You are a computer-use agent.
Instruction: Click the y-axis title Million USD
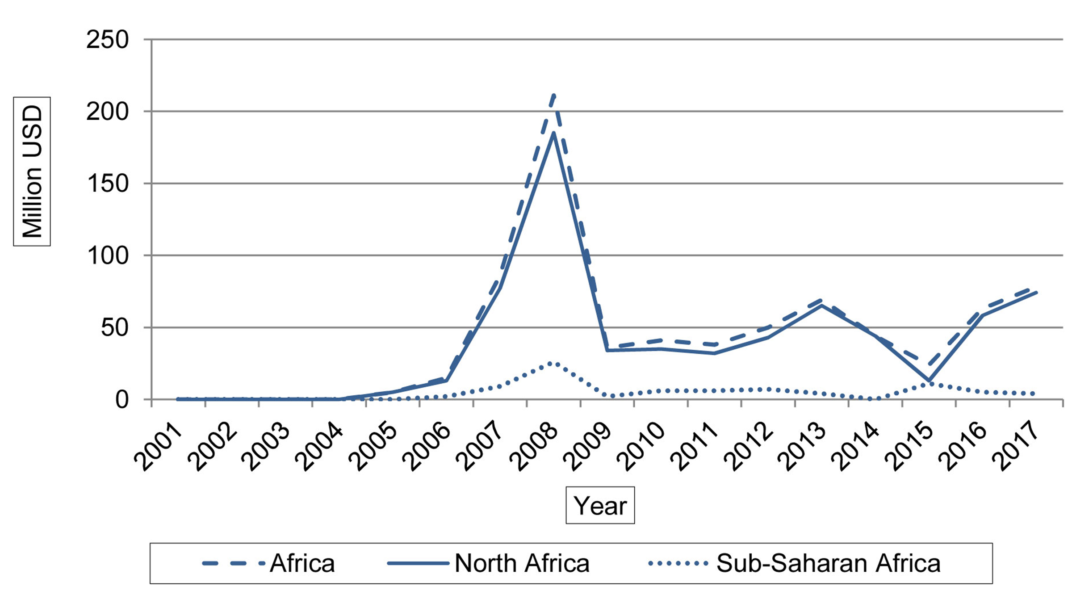(32, 172)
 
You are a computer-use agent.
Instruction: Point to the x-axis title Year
(600, 506)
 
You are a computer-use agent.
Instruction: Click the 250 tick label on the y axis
(108, 40)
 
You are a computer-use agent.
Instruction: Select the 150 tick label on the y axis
(108, 184)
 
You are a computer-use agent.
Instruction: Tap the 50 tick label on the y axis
(115, 328)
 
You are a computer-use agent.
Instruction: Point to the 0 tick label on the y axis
(122, 400)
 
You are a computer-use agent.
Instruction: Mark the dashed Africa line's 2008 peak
(554, 94)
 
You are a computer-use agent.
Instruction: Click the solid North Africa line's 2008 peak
(554, 133)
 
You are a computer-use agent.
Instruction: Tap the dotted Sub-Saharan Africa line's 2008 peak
(554, 363)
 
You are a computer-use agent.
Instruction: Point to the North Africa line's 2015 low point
(929, 381)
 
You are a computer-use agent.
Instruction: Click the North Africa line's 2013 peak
(822, 306)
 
